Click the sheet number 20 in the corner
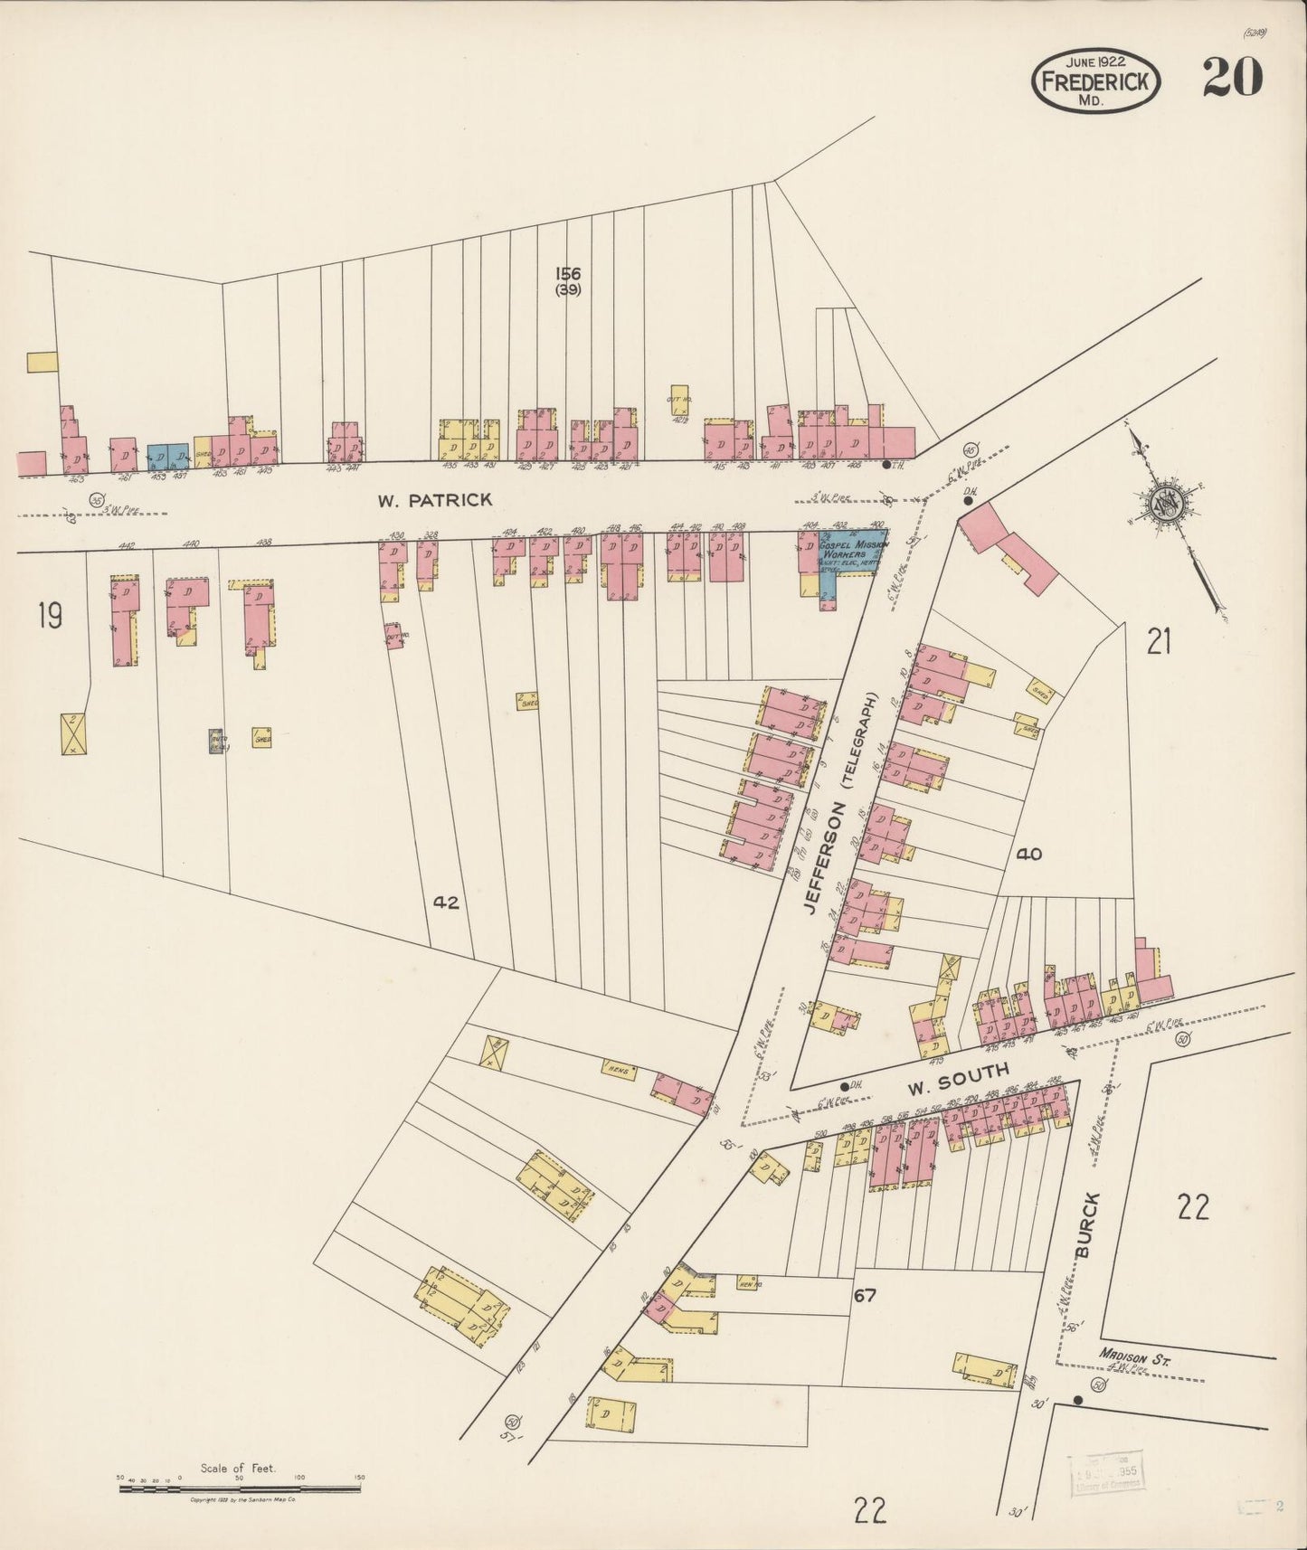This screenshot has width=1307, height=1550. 1232,78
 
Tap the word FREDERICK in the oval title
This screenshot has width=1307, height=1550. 1095,80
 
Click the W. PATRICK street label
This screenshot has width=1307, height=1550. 435,500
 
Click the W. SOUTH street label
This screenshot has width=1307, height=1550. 958,1074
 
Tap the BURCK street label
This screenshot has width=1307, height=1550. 1088,1224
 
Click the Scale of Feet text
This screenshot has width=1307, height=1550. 239,1469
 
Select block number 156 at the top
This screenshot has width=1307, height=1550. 568,274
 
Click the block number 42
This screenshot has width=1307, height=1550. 446,902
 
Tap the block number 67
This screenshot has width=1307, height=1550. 864,1296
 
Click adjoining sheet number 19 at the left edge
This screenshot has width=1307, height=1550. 50,617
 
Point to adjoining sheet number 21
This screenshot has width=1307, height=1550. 1159,642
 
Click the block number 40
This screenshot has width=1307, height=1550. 1028,853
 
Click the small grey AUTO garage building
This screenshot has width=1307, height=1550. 216,741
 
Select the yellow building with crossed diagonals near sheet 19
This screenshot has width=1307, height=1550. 72,733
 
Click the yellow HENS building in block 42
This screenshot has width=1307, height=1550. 619,1070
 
